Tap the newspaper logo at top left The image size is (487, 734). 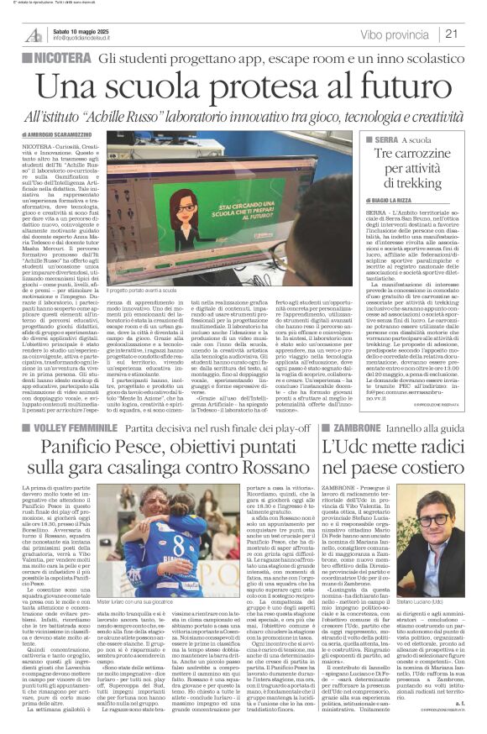(x=33, y=34)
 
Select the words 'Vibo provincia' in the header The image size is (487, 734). (x=383, y=34)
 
